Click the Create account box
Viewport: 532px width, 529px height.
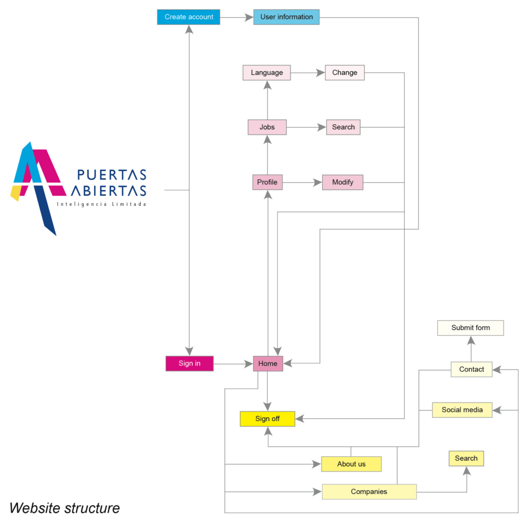point(189,17)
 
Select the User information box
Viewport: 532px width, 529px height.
point(286,17)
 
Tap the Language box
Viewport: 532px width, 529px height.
point(267,73)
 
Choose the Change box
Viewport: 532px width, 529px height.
point(345,73)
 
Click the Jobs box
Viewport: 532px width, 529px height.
point(267,127)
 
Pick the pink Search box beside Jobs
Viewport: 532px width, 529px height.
point(343,127)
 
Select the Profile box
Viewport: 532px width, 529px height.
point(268,182)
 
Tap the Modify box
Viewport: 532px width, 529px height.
point(343,182)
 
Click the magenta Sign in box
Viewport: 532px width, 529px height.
point(190,363)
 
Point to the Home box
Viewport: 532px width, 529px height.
point(268,363)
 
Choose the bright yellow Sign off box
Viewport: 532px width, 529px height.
point(268,419)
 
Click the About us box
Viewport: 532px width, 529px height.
point(352,464)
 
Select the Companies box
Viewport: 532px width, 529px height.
point(369,492)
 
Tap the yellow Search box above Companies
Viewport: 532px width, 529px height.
point(466,458)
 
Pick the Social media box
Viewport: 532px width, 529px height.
point(462,410)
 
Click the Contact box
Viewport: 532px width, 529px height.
point(472,369)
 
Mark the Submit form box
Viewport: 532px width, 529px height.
point(471,328)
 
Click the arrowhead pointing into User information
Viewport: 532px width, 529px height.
point(249,17)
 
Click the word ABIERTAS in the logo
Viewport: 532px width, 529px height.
point(109,191)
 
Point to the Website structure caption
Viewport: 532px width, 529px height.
point(64,508)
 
